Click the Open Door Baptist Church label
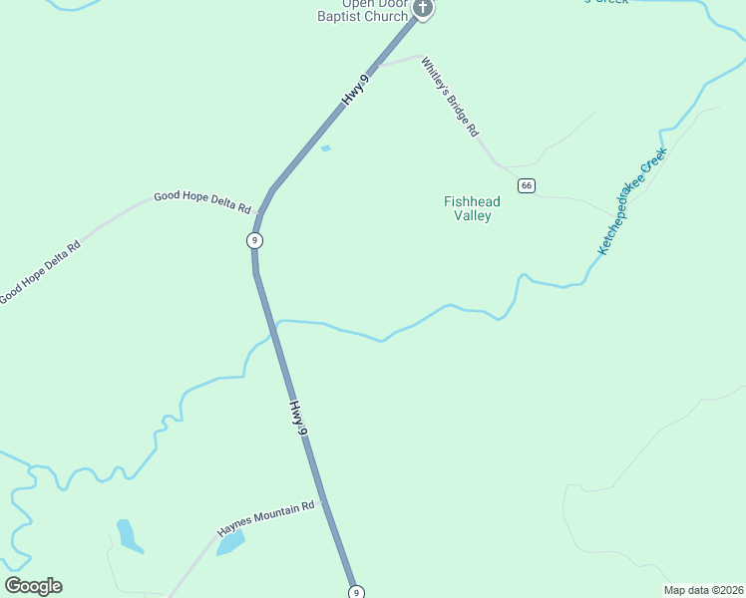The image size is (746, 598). [363, 10]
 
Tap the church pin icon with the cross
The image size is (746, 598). [423, 9]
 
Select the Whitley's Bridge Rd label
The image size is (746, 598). [450, 97]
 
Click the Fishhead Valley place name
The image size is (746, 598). [472, 208]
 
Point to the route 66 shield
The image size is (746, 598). [527, 185]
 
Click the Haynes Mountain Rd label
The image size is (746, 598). [266, 519]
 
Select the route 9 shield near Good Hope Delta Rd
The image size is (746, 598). [255, 240]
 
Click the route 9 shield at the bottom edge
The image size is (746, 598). [356, 592]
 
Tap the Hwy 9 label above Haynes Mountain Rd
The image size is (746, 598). [297, 416]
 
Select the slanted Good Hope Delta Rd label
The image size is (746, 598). [39, 272]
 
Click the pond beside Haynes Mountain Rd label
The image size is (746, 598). [230, 543]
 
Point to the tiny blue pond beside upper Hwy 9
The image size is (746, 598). [325, 149]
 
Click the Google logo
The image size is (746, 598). [33, 586]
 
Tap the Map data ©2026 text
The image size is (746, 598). [702, 590]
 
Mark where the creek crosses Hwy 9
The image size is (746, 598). [274, 324]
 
